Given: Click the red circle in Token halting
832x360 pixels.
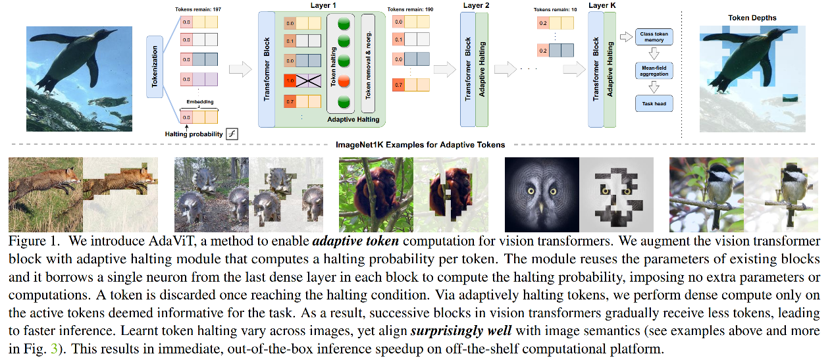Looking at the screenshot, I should coord(343,82).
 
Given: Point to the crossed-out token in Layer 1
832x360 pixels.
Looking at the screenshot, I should coord(307,82).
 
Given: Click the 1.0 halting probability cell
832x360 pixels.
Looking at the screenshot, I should coord(289,82).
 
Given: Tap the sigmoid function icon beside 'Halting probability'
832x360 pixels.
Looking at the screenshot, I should coord(231,134).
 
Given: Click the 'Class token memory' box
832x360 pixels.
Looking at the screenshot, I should coord(654,37).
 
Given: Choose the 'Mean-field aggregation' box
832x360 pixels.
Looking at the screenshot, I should coord(654,70).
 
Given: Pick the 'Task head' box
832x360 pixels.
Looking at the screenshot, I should coord(654,103).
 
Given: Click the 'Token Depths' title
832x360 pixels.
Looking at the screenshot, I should coord(752,18).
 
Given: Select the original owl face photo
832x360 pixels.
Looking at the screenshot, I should coord(541,194).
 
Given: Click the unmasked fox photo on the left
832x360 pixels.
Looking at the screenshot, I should coord(45,194).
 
